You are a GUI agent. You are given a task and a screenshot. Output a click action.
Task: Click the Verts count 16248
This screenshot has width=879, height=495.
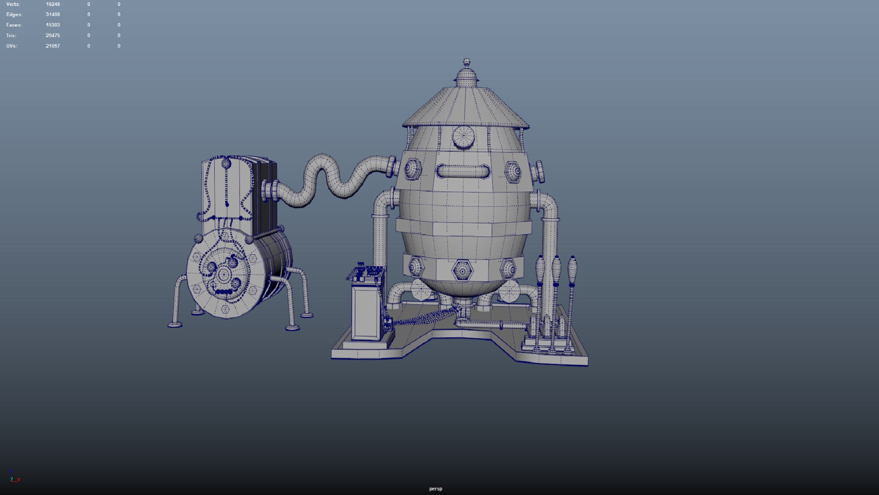(53, 4)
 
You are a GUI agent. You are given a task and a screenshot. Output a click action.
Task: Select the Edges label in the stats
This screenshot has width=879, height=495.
(14, 15)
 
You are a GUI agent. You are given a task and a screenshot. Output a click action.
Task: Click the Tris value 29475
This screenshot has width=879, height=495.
(53, 35)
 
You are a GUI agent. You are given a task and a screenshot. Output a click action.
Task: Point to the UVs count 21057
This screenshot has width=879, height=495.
(53, 46)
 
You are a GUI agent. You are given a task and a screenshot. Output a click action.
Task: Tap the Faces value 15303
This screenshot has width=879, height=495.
(53, 25)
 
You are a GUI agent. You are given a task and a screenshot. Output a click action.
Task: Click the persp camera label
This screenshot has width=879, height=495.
(435, 489)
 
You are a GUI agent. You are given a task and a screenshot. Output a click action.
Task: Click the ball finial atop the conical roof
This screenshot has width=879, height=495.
(467, 62)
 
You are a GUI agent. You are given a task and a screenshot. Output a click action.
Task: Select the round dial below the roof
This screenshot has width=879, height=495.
(463, 137)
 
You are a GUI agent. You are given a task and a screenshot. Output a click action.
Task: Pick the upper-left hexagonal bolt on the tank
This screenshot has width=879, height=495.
(412, 170)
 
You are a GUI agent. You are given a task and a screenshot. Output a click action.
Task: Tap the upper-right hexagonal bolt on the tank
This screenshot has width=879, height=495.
(513, 172)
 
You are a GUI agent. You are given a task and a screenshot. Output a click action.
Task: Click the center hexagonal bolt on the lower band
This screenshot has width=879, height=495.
(462, 271)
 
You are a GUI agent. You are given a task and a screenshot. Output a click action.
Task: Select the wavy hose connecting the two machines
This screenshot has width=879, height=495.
(334, 179)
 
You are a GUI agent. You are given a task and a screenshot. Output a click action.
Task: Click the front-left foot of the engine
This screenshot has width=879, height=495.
(175, 324)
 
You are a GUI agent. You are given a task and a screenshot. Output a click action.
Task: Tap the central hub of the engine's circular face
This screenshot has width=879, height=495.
(224, 275)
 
